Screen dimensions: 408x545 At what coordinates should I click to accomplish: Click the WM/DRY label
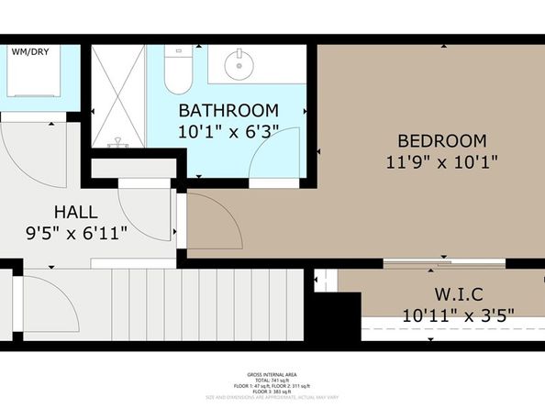click(29, 52)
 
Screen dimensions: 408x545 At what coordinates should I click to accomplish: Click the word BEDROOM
click(440, 141)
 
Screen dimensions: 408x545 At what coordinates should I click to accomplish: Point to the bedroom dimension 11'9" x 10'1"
click(440, 163)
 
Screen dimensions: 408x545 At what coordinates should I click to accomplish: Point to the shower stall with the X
click(117, 96)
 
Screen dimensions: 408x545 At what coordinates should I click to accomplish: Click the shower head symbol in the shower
click(117, 143)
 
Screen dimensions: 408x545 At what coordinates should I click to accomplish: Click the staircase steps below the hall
click(165, 303)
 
